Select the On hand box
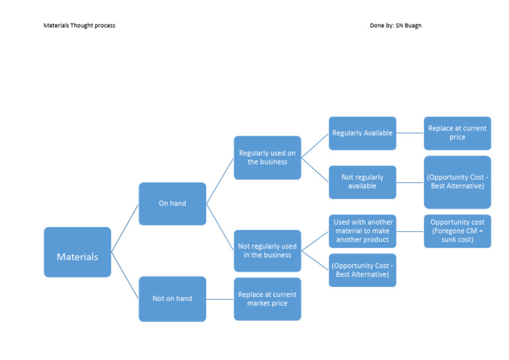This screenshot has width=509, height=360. [172, 204]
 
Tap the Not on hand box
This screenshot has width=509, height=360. [172, 298]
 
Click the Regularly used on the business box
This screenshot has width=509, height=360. [267, 158]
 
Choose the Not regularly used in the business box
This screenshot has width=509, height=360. [267, 251]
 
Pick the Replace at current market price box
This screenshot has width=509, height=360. [267, 299]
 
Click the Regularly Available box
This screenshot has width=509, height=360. [363, 133]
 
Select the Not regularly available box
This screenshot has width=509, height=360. [363, 182]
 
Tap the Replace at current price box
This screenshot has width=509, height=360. [457, 133]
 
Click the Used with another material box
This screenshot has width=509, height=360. [363, 231]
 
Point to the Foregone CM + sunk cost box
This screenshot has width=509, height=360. [457, 231]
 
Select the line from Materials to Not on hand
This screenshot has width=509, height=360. [125, 275]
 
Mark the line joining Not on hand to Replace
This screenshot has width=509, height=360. [220, 299]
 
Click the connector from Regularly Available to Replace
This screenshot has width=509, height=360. [410, 133]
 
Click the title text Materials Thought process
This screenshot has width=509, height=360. [79, 26]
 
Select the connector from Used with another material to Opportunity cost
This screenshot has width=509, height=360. [410, 231]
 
